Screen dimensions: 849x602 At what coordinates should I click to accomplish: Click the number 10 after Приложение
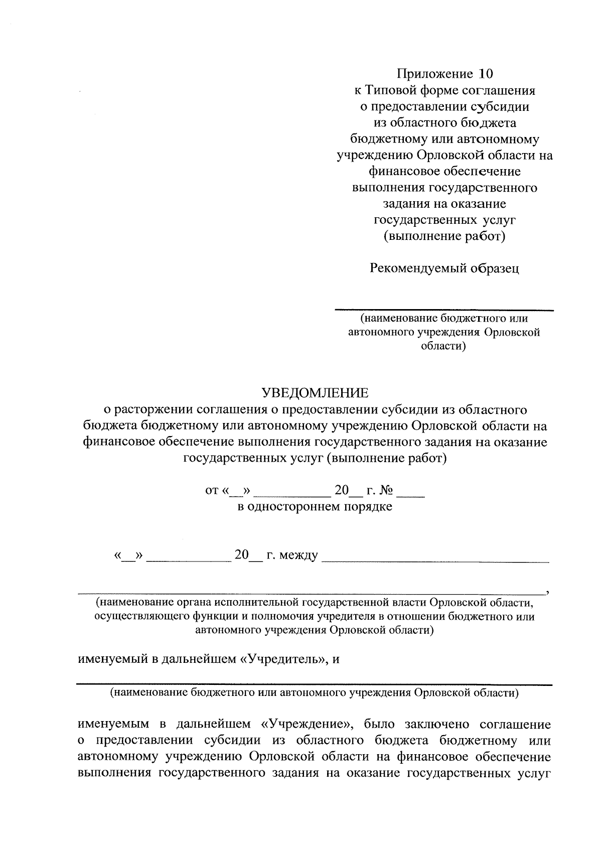tap(486, 74)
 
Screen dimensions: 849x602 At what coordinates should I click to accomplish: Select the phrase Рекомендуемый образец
tap(444, 268)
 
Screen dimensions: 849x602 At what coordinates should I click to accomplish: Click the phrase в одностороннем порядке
tap(315, 506)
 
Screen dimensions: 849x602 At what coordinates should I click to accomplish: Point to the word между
tap(298, 555)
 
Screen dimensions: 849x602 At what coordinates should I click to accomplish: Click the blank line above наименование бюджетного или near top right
tap(444, 310)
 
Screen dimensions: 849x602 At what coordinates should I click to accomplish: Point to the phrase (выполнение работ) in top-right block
tap(444, 236)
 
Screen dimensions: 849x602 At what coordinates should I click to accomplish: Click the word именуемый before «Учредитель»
tap(113, 658)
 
